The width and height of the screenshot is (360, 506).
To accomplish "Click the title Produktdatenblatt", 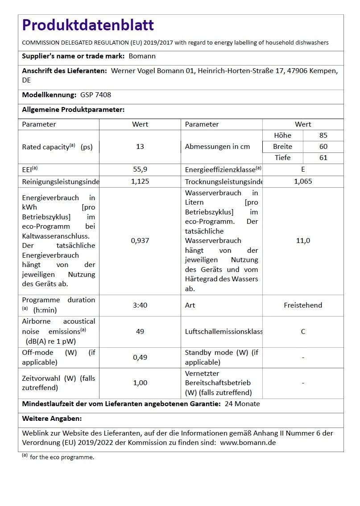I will pos(88,25).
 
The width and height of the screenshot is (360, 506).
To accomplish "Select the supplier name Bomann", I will pos(142,56).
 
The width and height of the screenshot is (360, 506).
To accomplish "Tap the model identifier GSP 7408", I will pos(95,95).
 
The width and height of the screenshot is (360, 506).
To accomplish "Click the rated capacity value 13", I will pos(140,147).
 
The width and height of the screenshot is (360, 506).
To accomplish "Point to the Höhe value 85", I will pos(323,136).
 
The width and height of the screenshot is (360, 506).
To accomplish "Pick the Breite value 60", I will pos(323,147).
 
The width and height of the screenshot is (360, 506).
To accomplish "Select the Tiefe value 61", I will pos(323,158).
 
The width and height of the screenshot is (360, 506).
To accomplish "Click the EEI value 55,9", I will pos(140,169).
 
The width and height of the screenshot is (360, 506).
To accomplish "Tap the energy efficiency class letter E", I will pos(303,169).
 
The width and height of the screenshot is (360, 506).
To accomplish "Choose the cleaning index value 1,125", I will pos(140,181).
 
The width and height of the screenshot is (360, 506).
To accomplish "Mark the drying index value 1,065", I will pos(303,181).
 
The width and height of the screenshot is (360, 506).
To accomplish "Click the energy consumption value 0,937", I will pos(140,241).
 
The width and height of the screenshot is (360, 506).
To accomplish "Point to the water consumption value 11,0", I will pos(303,241).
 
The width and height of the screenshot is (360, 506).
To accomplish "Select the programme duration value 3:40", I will pos(140,305).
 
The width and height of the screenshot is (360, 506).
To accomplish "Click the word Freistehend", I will pos(303,305).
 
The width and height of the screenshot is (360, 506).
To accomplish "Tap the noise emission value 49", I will pos(140,332).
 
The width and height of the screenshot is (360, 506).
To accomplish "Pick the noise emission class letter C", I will pos(303,332).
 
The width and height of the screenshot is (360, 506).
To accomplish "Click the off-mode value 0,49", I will pos(140,358).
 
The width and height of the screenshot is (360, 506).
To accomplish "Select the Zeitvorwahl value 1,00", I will pos(140,383).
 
